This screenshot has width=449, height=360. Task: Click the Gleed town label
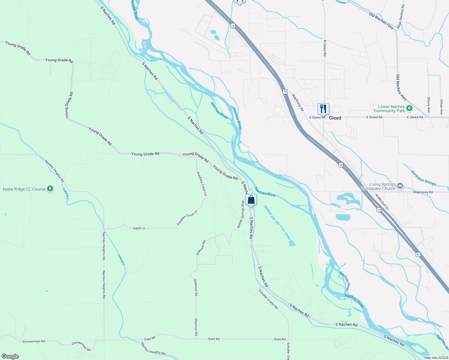[335, 118]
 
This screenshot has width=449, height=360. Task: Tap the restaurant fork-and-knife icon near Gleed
[323, 109]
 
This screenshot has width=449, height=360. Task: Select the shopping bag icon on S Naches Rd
[251, 200]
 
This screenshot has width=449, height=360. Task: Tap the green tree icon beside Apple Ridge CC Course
[50, 189]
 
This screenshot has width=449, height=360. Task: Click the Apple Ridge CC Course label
[24, 189]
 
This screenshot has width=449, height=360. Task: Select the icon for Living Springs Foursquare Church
[400, 186]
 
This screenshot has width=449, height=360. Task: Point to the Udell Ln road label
[139, 228]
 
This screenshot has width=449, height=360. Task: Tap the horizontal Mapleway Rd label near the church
[423, 192]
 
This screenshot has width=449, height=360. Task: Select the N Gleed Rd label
[324, 48]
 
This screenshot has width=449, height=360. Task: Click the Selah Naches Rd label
[401, 17]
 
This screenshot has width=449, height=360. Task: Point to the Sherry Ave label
[429, 104]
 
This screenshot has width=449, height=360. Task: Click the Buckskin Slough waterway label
[423, 178]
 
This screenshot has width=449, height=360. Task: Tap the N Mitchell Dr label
[382, 202]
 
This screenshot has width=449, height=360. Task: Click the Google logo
[10, 356]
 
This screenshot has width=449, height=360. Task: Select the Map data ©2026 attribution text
[436, 358]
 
